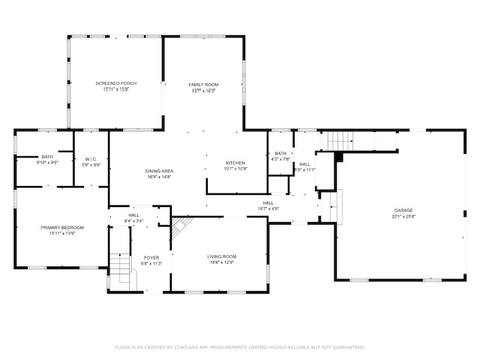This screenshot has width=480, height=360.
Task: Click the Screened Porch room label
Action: coord(116,83)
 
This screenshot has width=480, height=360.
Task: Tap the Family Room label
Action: coord(202,85)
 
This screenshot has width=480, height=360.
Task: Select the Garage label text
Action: coord(403,211)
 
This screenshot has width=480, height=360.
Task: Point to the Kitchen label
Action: coord(236,163)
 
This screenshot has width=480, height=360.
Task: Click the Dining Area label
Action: coord(159,171)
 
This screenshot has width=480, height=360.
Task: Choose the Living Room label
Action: coord(222,256)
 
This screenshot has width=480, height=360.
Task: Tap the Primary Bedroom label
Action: coord(62,227)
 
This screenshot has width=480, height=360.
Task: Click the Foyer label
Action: coord(151,257)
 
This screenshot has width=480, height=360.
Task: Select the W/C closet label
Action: coord(91,159)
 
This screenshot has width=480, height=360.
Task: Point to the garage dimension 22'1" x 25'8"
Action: coord(403,217)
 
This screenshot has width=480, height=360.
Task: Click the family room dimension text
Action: coord(202,91)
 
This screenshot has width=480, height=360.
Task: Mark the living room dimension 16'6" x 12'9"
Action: coord(222,262)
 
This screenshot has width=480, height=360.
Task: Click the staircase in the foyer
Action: coord(120,266)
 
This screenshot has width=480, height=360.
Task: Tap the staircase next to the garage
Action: coord(337,139)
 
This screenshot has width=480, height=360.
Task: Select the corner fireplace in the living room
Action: coord(181,226)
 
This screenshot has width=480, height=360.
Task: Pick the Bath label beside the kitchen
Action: coord(280,153)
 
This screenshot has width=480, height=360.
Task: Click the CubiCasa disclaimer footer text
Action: coord(240,347)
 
